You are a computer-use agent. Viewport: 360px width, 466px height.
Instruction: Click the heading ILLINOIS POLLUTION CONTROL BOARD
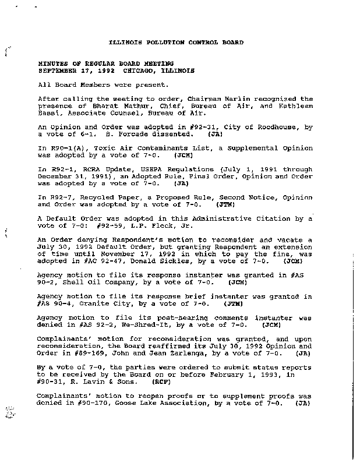click(x=177, y=43)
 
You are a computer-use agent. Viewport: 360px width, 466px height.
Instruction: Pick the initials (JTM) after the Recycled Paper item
click(x=225, y=205)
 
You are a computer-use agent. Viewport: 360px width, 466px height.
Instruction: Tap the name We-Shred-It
click(x=127, y=324)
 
